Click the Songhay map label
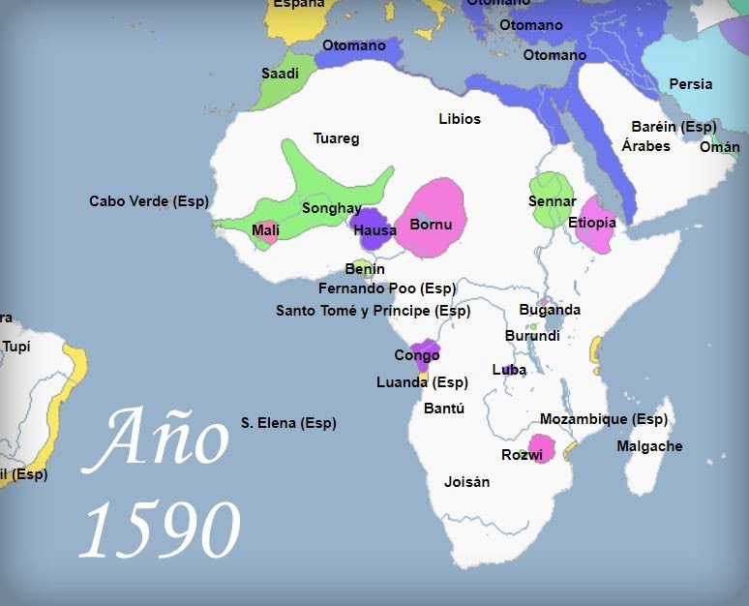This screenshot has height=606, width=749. click(x=331, y=208)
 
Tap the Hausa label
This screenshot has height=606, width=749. click(x=374, y=230)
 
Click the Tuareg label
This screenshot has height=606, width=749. click(x=336, y=138)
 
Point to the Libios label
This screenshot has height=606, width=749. click(x=459, y=119)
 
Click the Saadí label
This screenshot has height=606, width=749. click(x=280, y=74)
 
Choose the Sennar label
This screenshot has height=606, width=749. click(x=552, y=201)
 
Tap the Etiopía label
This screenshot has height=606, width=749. click(x=591, y=223)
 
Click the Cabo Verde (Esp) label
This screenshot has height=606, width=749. click(x=148, y=201)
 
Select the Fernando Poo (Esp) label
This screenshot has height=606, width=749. click(x=386, y=288)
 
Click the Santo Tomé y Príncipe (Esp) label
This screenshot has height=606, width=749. click(x=373, y=311)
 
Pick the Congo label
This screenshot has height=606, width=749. click(x=416, y=355)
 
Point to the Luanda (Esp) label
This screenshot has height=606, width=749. click(x=422, y=382)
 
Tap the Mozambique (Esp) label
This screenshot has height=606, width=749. click(x=603, y=419)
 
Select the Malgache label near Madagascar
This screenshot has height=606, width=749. click(x=649, y=446)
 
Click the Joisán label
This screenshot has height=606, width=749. click(x=466, y=481)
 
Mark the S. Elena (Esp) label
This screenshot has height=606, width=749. click(x=288, y=423)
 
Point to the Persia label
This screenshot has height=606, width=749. click(x=690, y=84)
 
